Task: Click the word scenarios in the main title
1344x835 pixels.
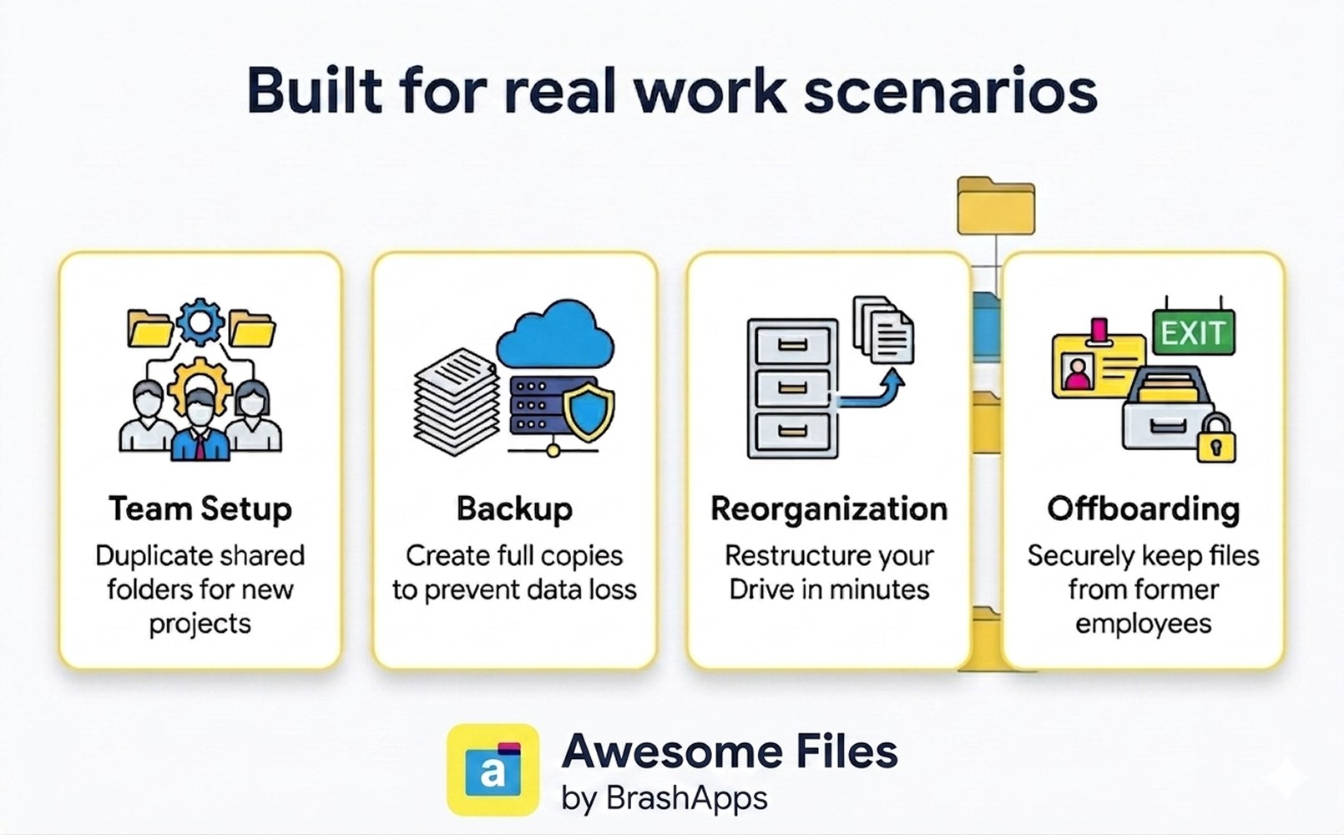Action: point(950,91)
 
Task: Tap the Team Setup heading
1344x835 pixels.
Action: point(200,509)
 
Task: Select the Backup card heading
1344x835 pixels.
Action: point(514,509)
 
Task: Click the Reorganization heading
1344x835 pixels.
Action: point(829,509)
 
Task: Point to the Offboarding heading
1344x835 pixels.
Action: point(1144,509)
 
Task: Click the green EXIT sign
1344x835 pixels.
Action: point(1194,331)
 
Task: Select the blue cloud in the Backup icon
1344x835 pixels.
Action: point(555,334)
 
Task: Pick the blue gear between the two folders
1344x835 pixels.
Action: point(200,322)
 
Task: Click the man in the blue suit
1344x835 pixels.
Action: point(200,424)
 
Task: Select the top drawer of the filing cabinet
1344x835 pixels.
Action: point(793,345)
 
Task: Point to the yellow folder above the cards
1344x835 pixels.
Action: point(996,206)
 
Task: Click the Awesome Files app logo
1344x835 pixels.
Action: point(493,770)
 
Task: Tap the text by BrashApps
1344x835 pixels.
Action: point(664,798)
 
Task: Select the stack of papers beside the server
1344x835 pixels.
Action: point(456,402)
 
